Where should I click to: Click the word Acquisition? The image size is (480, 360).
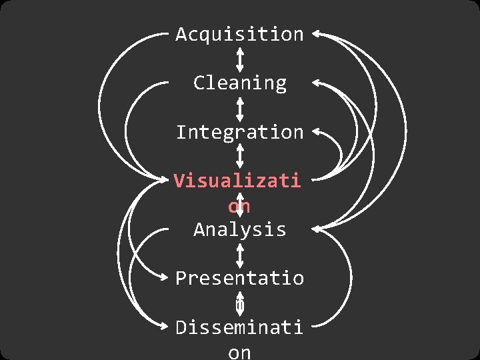click(239, 35)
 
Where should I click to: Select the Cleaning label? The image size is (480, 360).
click(239, 83)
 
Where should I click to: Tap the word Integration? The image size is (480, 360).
click(239, 132)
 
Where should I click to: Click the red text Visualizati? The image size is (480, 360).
click(237, 181)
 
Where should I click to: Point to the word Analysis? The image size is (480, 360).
click(239, 230)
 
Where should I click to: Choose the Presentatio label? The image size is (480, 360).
click(239, 279)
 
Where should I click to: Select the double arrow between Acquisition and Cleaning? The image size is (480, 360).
click(239, 59)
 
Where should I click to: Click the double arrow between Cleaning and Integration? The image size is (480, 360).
click(239, 108)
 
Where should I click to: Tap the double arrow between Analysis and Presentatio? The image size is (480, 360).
click(239, 255)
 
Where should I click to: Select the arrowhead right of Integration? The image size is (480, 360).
click(316, 131)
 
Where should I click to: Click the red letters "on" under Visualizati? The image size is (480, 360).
click(239, 206)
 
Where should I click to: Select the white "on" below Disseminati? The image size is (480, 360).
click(239, 351)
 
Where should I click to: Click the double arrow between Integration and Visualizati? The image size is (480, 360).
click(239, 157)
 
